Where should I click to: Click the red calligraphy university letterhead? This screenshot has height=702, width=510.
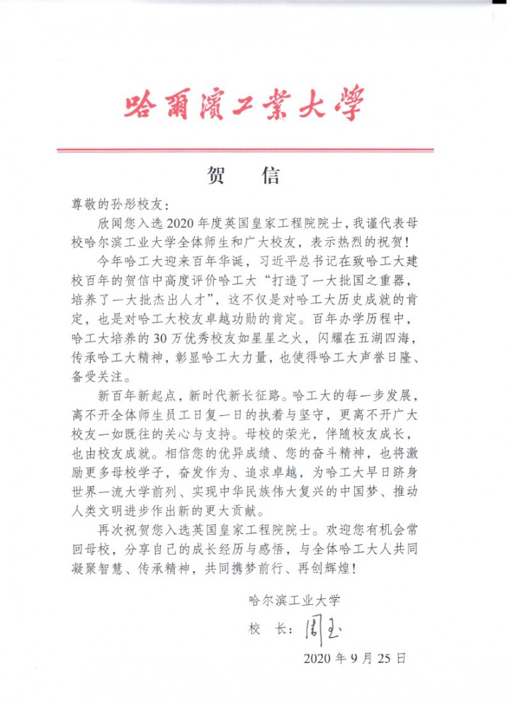(x=244, y=104)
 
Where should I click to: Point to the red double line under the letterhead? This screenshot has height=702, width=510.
(x=244, y=150)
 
